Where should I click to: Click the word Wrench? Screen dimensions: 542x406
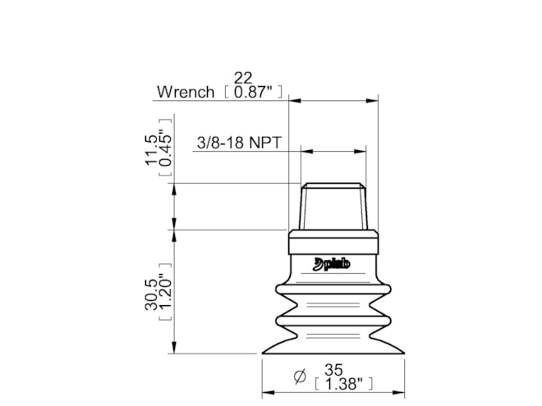[186, 92]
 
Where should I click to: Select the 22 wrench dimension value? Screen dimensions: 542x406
[243, 78]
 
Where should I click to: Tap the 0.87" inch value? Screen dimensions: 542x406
[254, 92]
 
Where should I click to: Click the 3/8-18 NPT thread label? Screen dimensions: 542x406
[239, 143]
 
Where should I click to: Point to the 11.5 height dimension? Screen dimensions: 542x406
[151, 150]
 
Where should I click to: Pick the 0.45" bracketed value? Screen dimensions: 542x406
[165, 148]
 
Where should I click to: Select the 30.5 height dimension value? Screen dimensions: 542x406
[151, 294]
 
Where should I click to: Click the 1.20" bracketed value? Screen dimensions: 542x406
[165, 292]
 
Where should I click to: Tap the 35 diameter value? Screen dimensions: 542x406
[333, 370]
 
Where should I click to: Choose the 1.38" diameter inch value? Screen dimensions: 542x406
[344, 384]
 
